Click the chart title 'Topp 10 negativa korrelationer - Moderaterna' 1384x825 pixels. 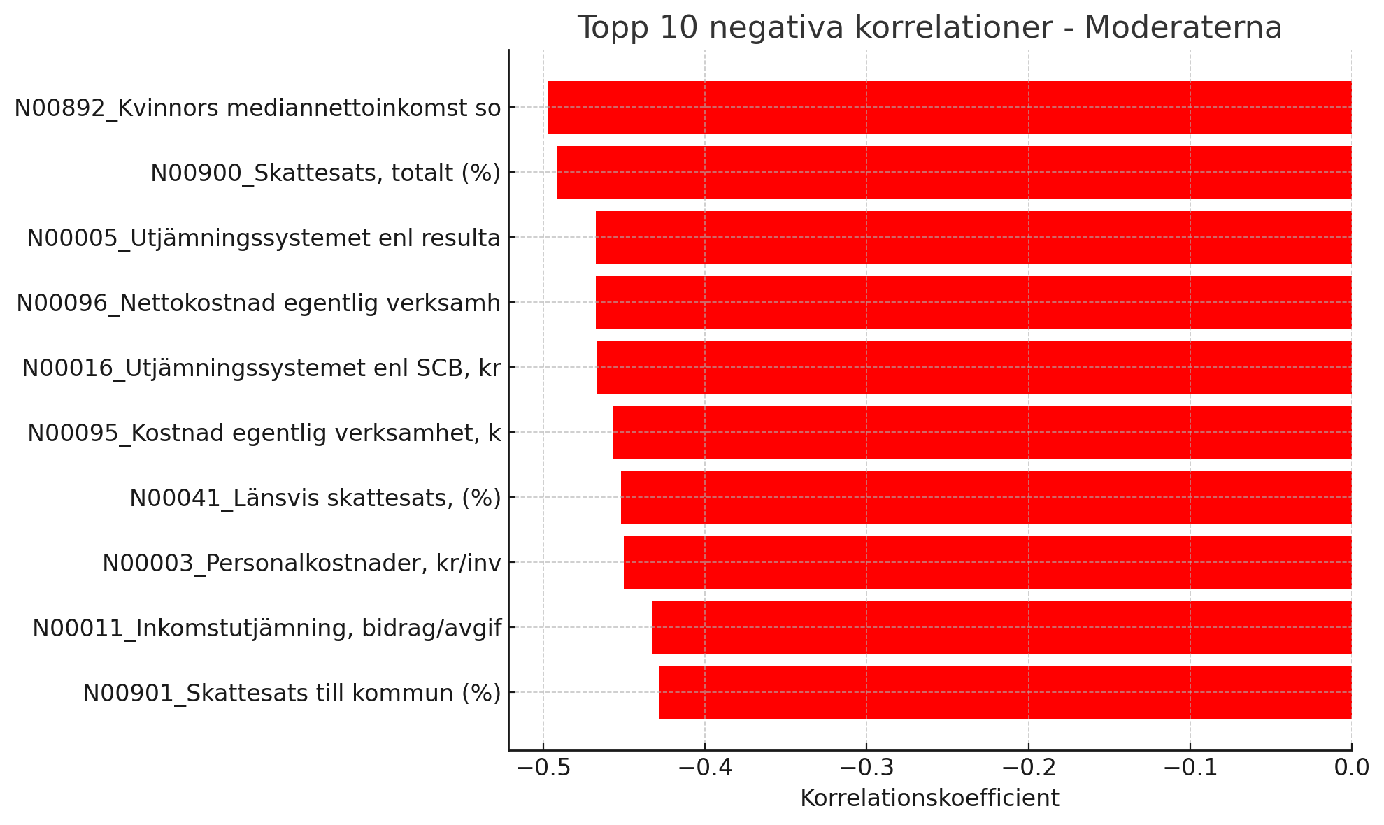coord(929,28)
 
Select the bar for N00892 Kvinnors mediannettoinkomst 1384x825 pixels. coord(949,107)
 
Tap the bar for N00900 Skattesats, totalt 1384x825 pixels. coord(954,172)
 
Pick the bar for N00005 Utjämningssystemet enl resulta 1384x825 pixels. coord(973,237)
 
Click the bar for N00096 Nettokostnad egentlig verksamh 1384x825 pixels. coord(973,302)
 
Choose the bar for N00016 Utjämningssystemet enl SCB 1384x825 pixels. coord(973,367)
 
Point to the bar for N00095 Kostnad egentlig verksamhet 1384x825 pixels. coord(982,432)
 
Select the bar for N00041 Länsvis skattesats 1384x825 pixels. coord(985,497)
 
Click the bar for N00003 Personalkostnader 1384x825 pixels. coord(987,562)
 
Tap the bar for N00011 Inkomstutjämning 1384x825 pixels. coord(1001,627)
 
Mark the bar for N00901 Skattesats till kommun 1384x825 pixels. coord(1005,692)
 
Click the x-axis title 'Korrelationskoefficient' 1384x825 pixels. coord(929,798)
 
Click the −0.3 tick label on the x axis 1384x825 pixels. coord(866,768)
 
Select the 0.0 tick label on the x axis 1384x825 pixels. coord(1351,768)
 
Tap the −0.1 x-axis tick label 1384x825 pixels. coord(1189,768)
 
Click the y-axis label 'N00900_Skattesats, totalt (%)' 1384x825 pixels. coord(326,173)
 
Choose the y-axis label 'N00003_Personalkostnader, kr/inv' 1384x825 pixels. coord(301,563)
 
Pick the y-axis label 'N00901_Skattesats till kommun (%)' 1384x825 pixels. coord(292,693)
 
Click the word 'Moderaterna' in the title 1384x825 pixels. coord(1183,28)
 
